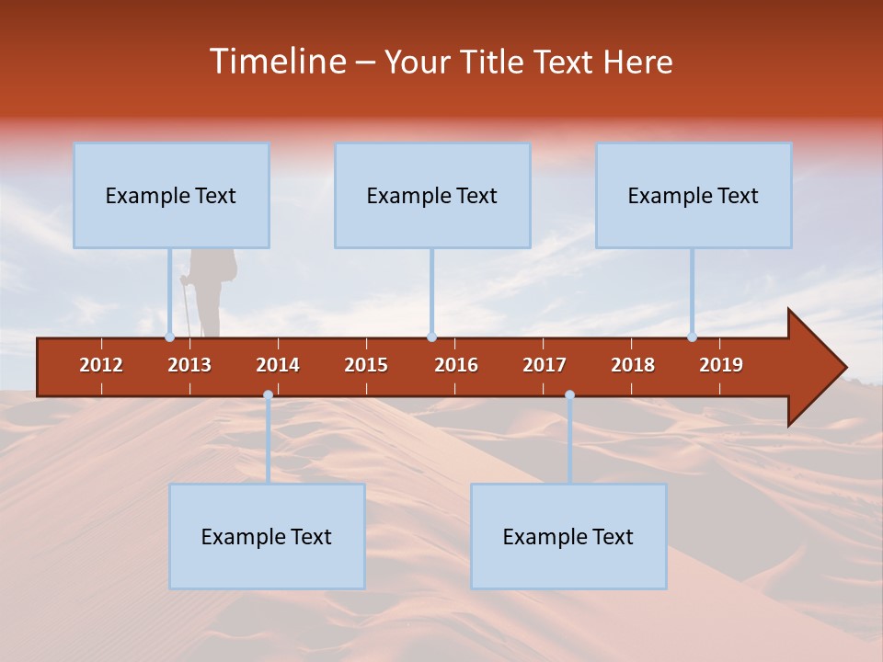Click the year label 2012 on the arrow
tap(101, 365)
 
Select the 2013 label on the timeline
tap(189, 365)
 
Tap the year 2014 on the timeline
tap(278, 365)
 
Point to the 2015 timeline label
tap(366, 365)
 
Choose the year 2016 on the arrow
tap(456, 365)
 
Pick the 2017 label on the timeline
tap(545, 365)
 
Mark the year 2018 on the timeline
tap(633, 365)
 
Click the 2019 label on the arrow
tap(721, 365)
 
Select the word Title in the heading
tap(494, 62)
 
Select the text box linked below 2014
tap(267, 536)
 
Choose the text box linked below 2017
tap(568, 536)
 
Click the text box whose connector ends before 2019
tap(694, 195)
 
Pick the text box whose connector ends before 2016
tap(432, 195)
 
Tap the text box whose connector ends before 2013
tap(171, 195)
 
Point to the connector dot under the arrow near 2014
tap(268, 395)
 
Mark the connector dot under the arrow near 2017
tap(569, 395)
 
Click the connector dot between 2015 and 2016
tap(431, 337)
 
